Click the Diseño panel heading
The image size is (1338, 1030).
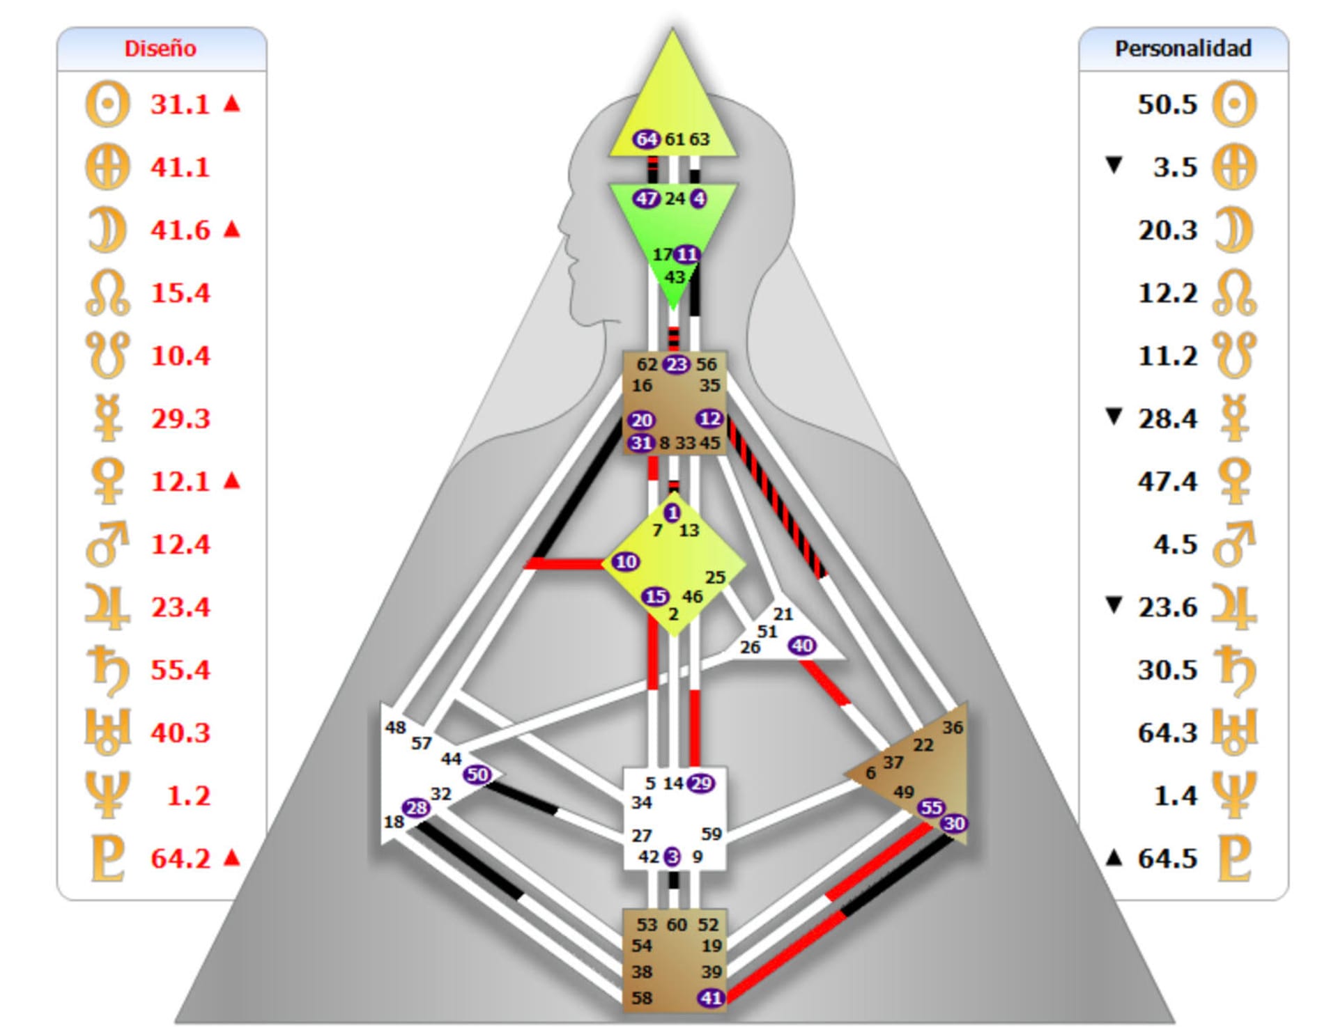[x=160, y=49]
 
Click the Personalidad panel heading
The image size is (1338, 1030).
[x=1183, y=49]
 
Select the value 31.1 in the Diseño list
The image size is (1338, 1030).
[x=180, y=104]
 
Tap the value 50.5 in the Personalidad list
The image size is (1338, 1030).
[x=1167, y=104]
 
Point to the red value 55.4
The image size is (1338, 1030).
[x=180, y=670]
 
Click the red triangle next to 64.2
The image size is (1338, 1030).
[x=232, y=857]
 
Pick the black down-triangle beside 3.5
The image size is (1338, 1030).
[x=1114, y=165]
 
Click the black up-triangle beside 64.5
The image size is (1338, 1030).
[x=1114, y=858]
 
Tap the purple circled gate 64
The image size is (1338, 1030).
[x=646, y=139]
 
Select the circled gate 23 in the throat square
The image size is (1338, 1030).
[x=676, y=364]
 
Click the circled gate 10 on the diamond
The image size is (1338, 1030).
[x=626, y=561]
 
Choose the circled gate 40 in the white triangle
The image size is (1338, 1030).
[x=802, y=646]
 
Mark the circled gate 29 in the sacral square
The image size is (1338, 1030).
[x=701, y=783]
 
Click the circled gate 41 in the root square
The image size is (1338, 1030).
[x=711, y=998]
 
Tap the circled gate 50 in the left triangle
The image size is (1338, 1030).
[x=477, y=774]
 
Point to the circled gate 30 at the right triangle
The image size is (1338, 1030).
[x=954, y=823]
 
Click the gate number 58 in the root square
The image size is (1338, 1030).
[x=642, y=998]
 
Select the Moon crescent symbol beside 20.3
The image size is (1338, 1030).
[x=1234, y=231]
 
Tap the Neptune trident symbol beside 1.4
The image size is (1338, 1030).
[x=1234, y=795]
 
